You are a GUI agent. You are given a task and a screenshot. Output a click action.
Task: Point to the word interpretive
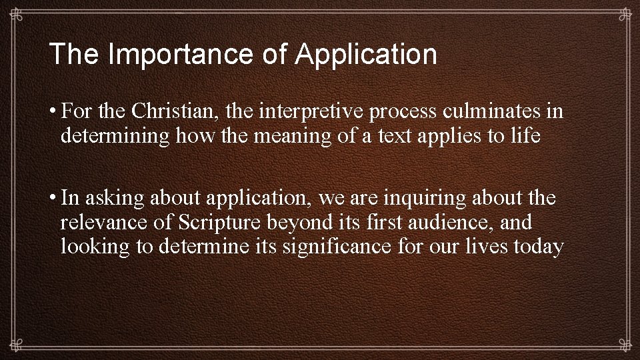317,111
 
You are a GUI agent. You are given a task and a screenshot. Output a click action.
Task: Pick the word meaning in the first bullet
263,137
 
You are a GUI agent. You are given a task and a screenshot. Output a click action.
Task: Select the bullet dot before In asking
53,198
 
